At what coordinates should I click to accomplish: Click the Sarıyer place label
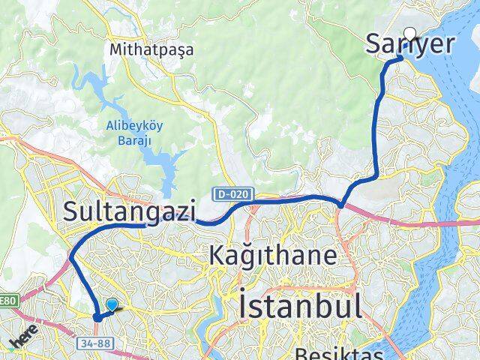click(409, 44)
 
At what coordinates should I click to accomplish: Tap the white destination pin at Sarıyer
click(410, 33)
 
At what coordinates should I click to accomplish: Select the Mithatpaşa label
click(151, 49)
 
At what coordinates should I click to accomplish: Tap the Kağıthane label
click(273, 256)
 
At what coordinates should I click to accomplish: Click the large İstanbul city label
click(300, 306)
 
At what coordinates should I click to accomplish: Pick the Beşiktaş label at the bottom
click(339, 353)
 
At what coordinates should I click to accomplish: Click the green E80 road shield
click(7, 301)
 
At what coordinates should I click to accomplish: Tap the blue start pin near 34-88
click(112, 305)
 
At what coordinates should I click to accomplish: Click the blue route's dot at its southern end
click(97, 317)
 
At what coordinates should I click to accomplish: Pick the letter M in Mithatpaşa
click(115, 49)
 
